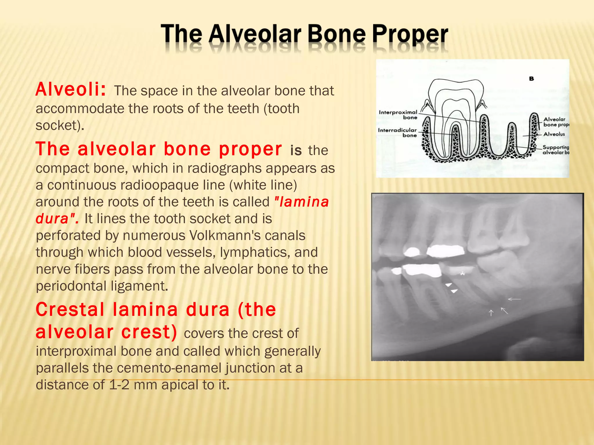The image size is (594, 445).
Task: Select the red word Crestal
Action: [x=70, y=309]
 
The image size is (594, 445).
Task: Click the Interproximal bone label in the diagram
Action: [x=398, y=114]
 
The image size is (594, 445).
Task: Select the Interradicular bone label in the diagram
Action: [x=397, y=132]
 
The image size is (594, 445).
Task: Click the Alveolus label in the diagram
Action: [x=554, y=134]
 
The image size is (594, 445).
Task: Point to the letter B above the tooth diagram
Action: [x=531, y=79]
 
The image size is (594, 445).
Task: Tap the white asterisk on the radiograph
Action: [x=463, y=273]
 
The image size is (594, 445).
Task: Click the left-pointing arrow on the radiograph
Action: [x=514, y=299]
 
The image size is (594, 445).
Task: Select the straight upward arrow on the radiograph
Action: [x=491, y=313]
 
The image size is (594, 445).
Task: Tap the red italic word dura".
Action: [x=57, y=219]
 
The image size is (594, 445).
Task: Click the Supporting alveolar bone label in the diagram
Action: [x=555, y=150]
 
